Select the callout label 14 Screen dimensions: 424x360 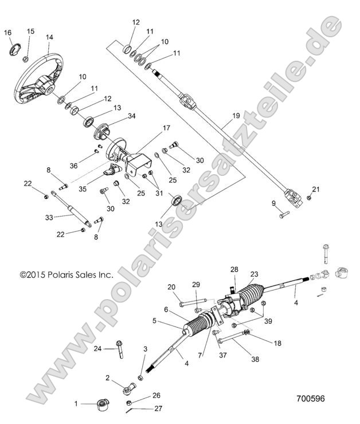49,37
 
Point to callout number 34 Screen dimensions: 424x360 132,116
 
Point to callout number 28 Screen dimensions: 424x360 234,269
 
